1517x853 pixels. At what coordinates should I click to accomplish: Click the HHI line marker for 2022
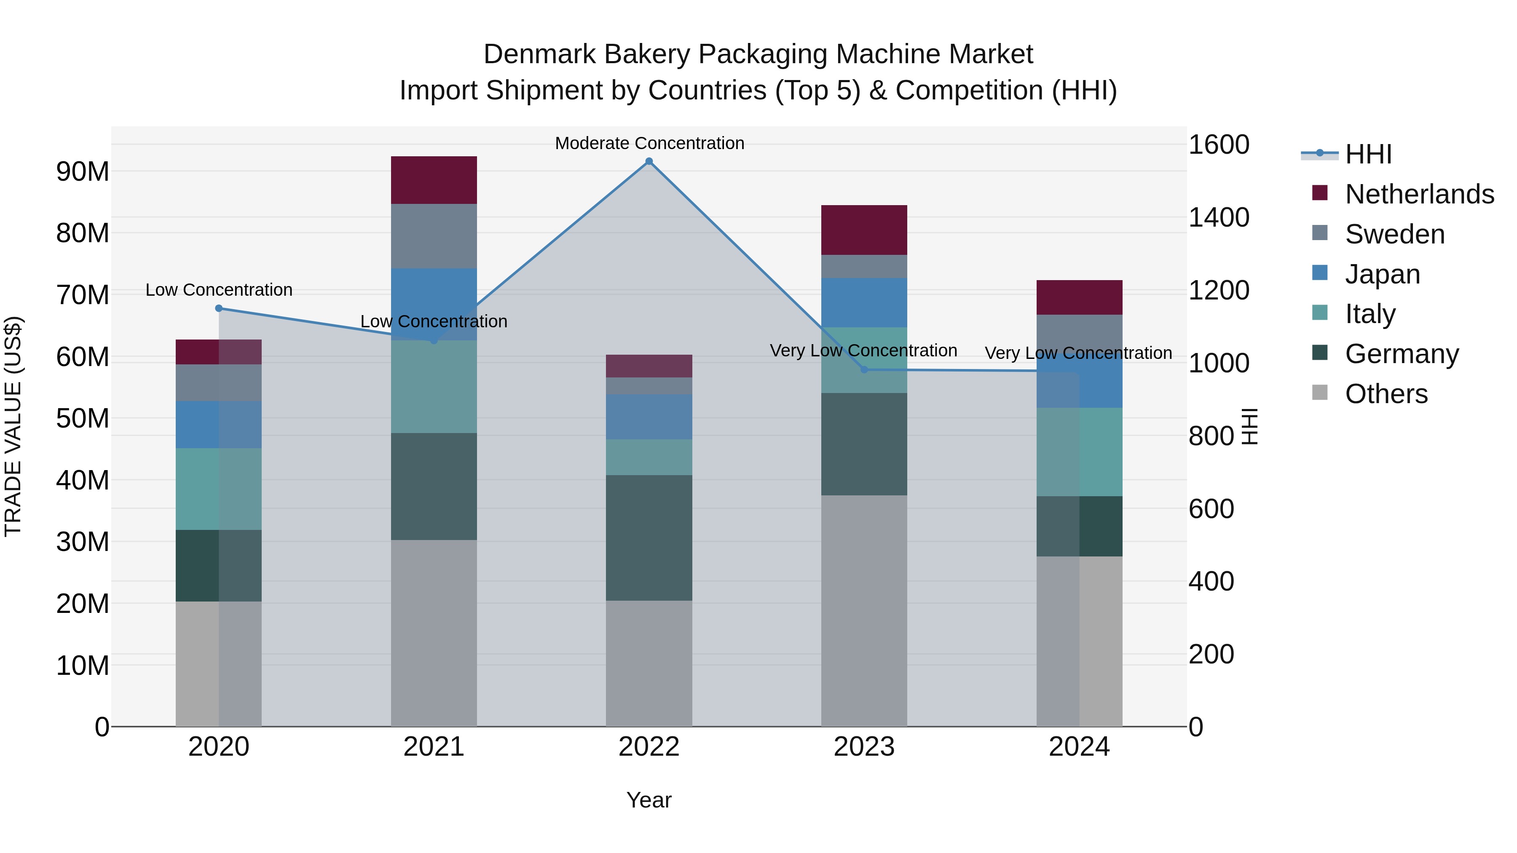649,161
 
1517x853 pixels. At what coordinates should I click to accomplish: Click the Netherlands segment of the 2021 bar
434,180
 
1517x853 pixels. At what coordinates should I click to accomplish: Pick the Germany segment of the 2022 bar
649,537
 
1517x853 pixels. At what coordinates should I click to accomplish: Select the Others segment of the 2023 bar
864,610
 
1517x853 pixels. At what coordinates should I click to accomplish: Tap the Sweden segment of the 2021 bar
434,236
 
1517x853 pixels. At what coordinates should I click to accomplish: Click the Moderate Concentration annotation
649,143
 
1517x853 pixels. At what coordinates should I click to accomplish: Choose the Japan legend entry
1382,274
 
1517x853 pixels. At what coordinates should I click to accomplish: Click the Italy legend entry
1370,314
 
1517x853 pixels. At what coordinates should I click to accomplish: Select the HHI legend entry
1368,154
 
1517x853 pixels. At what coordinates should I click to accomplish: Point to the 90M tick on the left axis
83,171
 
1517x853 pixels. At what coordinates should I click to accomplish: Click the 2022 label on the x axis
649,747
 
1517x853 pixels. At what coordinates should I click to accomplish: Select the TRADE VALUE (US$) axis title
13,426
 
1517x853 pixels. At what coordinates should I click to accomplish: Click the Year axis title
649,800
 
